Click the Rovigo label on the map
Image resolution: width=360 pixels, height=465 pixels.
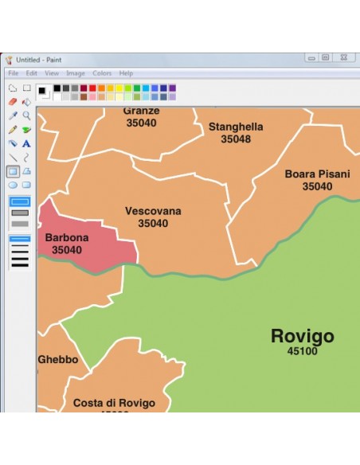(x=302, y=335)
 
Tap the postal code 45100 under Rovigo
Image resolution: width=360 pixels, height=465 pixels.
(x=302, y=350)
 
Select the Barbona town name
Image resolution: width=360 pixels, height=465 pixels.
(x=67, y=237)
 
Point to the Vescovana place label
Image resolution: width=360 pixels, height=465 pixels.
(x=153, y=211)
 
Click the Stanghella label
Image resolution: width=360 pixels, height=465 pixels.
(x=236, y=127)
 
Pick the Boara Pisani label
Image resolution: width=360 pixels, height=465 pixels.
(x=317, y=174)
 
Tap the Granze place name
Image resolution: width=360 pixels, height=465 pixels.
(x=141, y=111)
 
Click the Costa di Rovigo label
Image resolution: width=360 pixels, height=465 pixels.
(x=114, y=403)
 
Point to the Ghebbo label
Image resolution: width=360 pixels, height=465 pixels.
(x=58, y=360)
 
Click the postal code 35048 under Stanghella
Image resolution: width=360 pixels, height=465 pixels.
(x=236, y=139)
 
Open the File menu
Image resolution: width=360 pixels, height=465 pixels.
(x=13, y=73)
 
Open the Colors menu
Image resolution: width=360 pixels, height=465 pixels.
(x=102, y=73)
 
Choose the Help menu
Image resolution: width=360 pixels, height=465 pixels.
(x=126, y=73)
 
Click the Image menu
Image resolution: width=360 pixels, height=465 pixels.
(x=76, y=73)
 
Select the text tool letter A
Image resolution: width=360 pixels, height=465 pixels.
(x=26, y=143)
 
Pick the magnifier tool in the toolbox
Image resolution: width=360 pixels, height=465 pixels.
(x=26, y=115)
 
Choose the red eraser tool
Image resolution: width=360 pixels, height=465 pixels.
(x=13, y=102)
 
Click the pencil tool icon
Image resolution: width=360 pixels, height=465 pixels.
(x=13, y=130)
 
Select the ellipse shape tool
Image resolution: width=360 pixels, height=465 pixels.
(x=13, y=185)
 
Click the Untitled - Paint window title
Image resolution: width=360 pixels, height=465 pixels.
(x=41, y=59)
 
